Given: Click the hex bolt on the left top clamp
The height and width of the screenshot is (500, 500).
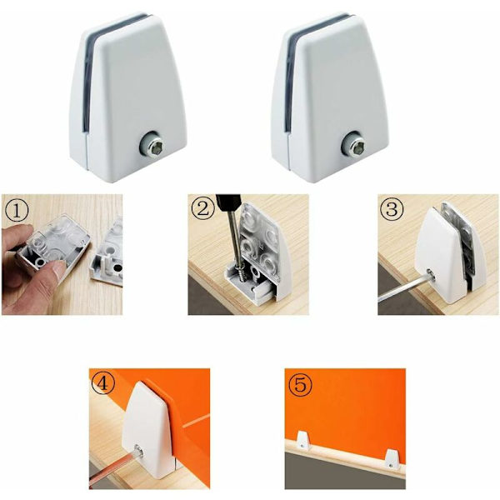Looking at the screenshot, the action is point(152,146).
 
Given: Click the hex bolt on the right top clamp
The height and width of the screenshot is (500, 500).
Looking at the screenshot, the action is point(354,145).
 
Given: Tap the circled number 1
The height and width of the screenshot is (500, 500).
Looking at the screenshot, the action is point(17,211).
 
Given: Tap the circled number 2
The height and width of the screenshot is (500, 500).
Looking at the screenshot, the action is point(202,209).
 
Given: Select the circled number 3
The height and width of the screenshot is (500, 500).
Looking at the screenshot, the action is point(392,209).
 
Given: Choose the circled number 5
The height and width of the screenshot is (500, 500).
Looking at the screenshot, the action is point(300,384).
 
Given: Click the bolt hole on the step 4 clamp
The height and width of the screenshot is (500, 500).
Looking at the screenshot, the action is point(139,450).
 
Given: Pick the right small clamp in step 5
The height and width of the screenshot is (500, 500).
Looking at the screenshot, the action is point(392,459).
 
